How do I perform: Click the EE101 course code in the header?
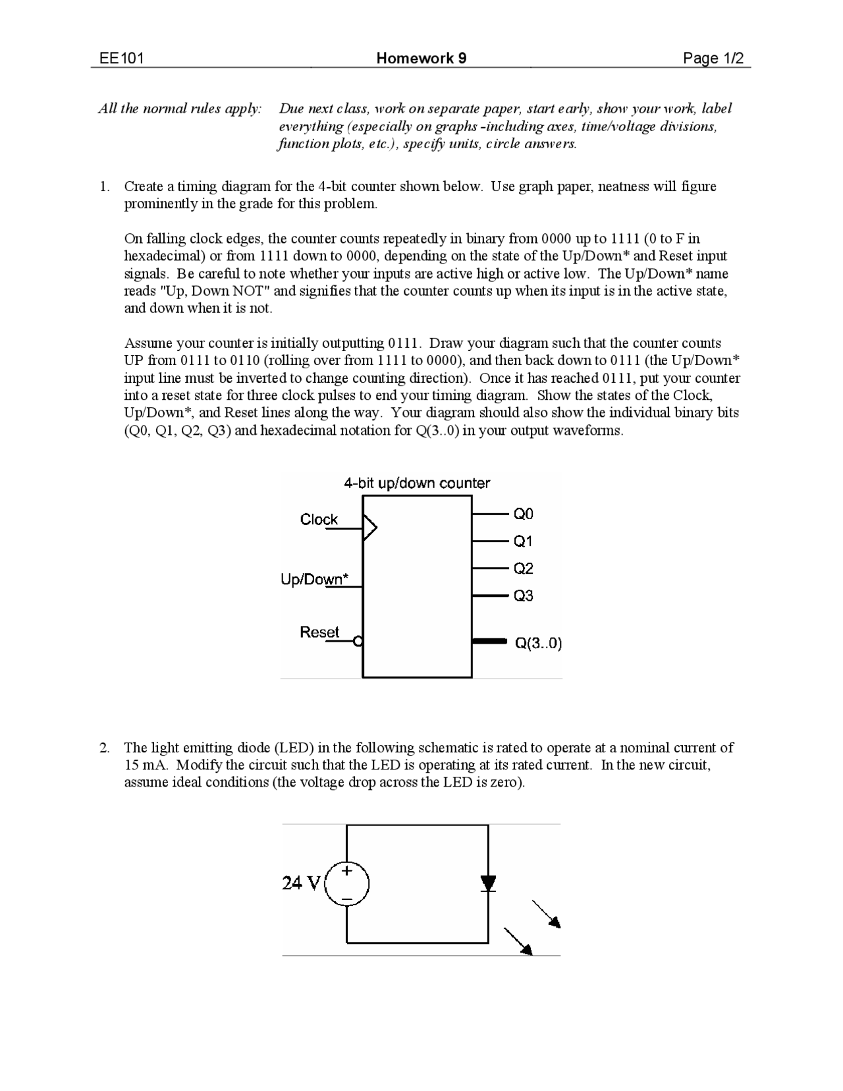121,59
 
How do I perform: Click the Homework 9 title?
421,59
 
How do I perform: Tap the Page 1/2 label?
713,59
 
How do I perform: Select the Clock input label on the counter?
319,519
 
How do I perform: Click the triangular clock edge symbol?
369,528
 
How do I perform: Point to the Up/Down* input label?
314,579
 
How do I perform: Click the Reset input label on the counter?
319,632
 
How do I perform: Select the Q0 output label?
524,513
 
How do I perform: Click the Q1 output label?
524,541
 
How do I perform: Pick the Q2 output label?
524,568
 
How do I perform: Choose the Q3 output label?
524,596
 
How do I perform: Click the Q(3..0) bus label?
538,643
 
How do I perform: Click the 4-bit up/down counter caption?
417,483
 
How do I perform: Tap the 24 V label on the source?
301,883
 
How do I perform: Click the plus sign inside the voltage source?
347,871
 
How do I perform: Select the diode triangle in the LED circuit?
488,883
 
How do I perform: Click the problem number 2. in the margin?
104,748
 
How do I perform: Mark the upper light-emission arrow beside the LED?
547,914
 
